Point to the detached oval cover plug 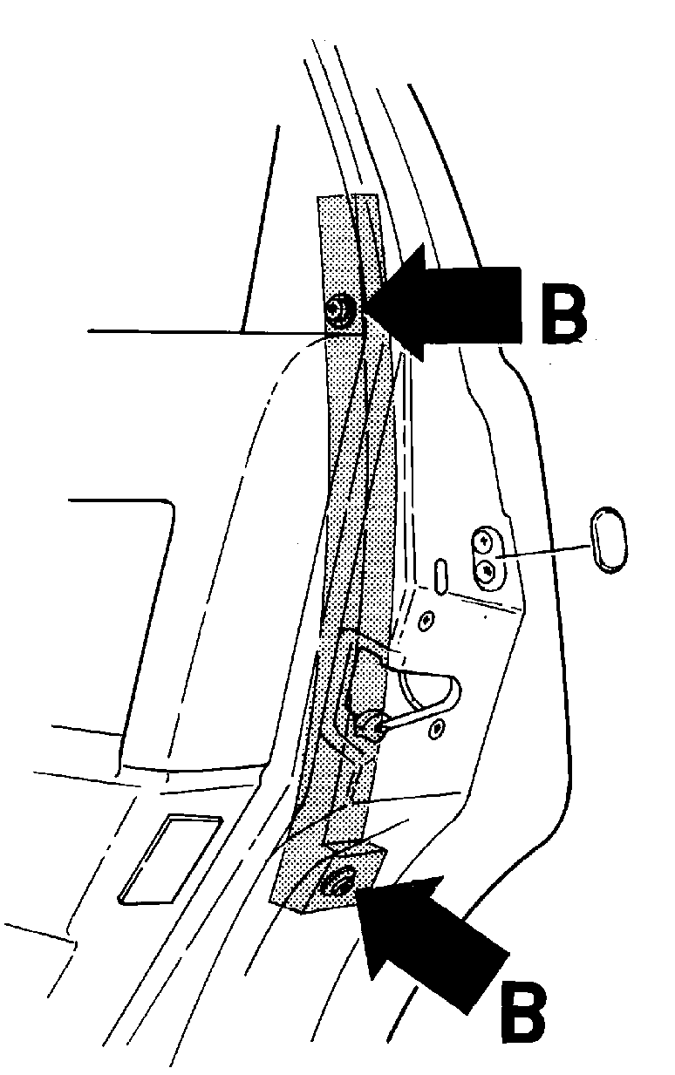(x=609, y=539)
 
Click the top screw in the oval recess (x=483, y=541)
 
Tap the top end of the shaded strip (x=346, y=196)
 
